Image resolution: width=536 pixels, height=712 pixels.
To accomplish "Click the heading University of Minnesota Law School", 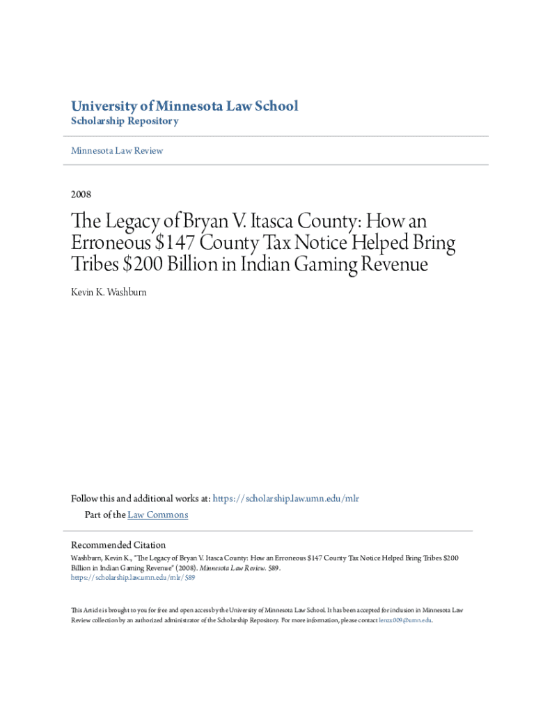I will coord(184,106).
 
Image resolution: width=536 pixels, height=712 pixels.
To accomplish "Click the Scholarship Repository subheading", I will coord(125,121).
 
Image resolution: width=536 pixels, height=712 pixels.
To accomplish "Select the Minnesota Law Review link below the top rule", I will coord(117,150).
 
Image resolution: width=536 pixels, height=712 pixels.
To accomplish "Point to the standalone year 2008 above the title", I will coord(81,194).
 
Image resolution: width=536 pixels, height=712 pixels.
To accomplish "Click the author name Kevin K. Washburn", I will coord(109,292).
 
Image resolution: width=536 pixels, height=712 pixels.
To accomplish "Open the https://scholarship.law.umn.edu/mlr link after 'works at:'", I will coord(285,499).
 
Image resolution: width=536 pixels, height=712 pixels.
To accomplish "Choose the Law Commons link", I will coord(158,515).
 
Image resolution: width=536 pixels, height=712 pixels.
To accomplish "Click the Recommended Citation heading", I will coord(118,544).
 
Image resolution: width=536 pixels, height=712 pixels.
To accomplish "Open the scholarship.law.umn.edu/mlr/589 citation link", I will coord(133,577).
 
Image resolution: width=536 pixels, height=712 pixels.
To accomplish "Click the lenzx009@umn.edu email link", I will coord(405,620).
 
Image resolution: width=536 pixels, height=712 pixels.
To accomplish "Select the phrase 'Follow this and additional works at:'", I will coord(141,499).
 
